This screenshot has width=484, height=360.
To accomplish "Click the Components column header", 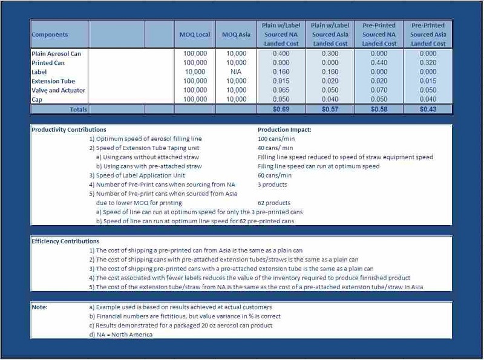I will pos(50,35).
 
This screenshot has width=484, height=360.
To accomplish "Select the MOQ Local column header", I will pos(195,35).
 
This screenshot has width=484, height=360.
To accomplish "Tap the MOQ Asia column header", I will pos(236,35).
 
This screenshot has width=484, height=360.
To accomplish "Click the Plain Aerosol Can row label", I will pos(56,54).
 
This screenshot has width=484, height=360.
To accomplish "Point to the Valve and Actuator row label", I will pos(58,90).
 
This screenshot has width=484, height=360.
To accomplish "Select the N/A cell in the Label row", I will pos(236,72).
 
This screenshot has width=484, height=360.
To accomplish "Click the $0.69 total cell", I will pos(281,110).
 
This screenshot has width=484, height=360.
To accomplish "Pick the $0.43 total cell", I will pos(428,110).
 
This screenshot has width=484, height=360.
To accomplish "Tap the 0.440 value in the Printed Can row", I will pos(379,63).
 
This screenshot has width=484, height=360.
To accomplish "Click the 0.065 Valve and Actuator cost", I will pos(281,90).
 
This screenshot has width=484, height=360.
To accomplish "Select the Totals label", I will pos(77,110).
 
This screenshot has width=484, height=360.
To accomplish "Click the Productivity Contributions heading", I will pos(68,129).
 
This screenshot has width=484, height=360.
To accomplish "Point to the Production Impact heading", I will pos(284,129).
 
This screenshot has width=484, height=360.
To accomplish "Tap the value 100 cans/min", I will pos(275,139).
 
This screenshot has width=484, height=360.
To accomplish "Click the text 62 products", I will pos(274,203).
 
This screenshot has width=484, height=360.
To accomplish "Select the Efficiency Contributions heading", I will pos(65,241).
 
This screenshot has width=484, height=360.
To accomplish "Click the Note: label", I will pos(39,307).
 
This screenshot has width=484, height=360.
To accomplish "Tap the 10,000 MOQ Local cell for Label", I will pos(195,72).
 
